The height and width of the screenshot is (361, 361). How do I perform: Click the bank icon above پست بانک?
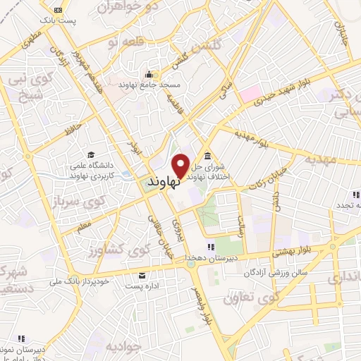click(x=58, y=10)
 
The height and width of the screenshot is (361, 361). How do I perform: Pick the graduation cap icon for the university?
click(x=91, y=154)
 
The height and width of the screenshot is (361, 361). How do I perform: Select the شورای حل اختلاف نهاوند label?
click(x=208, y=171)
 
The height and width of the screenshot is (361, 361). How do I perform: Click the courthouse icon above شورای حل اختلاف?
click(x=207, y=156)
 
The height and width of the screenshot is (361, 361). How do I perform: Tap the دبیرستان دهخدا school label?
click(x=210, y=259)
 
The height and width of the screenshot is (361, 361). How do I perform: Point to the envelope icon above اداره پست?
click(x=143, y=276)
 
